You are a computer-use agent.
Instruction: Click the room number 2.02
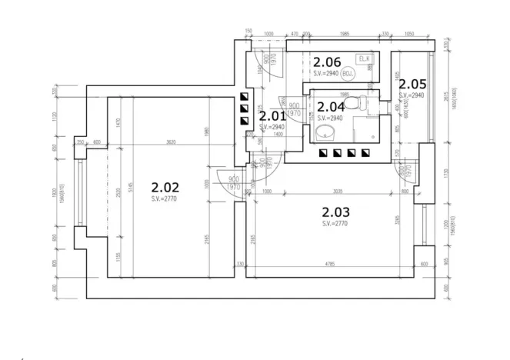[x=165, y=187]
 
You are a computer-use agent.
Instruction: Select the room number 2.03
[x=335, y=212]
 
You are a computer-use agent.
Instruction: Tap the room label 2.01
[x=272, y=116]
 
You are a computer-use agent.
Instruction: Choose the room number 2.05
[x=412, y=84]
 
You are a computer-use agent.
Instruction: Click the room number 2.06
[x=327, y=62]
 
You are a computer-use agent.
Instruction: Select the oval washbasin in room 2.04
[x=325, y=135]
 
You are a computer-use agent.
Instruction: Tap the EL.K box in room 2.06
[x=364, y=59]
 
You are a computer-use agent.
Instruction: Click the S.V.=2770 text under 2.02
[x=165, y=199]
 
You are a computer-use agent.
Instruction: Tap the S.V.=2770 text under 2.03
[x=335, y=223]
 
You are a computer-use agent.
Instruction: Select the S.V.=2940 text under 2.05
[x=412, y=95]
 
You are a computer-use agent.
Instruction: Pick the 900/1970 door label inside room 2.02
[x=234, y=182]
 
